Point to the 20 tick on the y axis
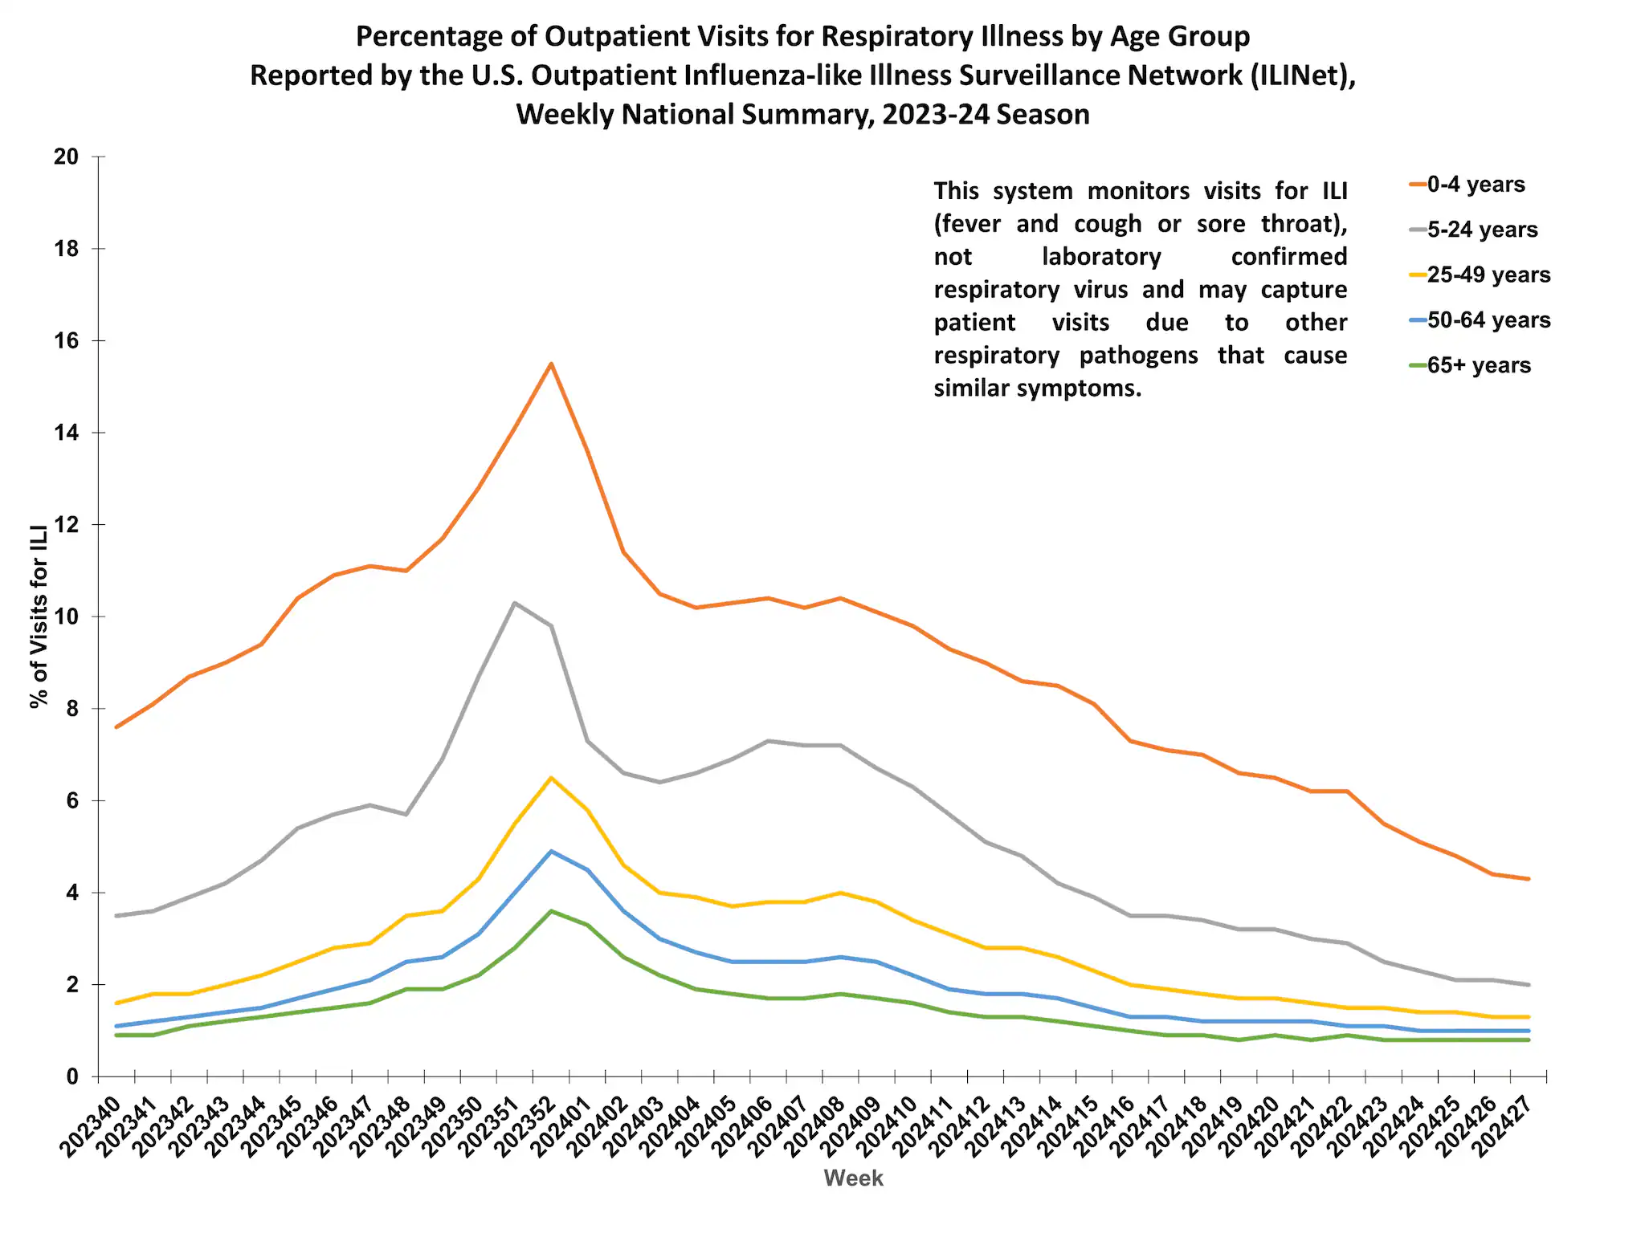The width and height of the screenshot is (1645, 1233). click(67, 157)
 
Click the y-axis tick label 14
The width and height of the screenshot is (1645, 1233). click(67, 433)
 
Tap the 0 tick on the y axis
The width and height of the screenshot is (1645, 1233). click(72, 1076)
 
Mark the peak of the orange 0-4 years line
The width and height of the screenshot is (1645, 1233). click(551, 364)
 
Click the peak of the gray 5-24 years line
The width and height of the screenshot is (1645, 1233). click(514, 603)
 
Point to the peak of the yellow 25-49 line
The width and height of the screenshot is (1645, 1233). click(551, 778)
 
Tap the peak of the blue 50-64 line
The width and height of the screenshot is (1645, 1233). click(551, 851)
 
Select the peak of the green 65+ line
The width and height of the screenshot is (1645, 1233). click(551, 911)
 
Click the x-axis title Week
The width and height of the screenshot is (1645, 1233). click(853, 1178)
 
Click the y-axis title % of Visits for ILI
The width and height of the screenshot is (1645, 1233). click(39, 616)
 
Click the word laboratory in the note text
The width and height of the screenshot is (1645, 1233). click(1101, 257)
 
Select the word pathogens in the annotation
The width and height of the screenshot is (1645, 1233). click(1138, 356)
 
